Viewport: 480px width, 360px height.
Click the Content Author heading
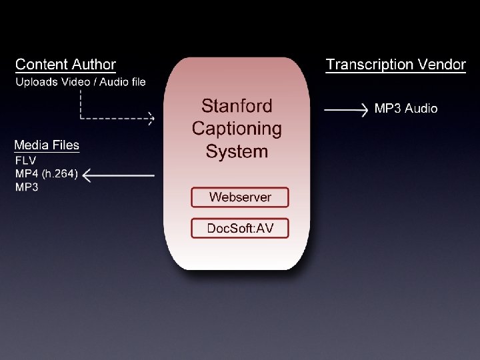click(65, 65)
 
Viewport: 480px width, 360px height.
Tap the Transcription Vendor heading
click(395, 65)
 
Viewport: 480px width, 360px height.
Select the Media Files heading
click(47, 145)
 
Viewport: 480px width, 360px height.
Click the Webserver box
click(240, 197)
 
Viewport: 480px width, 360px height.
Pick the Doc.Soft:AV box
click(240, 228)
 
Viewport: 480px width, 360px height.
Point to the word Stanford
click(237, 106)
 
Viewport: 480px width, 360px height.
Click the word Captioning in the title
click(237, 129)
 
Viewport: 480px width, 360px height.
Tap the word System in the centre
click(237, 151)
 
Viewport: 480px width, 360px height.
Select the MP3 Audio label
click(406, 108)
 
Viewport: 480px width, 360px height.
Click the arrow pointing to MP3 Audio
click(346, 109)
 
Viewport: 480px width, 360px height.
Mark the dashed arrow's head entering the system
click(151, 119)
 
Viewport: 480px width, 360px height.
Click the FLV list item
click(25, 161)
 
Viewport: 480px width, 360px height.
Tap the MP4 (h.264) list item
click(47, 174)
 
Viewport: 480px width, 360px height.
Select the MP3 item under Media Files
click(27, 187)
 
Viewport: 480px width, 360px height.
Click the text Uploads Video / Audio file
click(81, 82)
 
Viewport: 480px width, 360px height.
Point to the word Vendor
click(441, 65)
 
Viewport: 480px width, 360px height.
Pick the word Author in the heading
click(93, 65)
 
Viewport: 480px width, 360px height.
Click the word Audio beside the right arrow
click(421, 108)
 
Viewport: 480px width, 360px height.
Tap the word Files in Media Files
click(64, 145)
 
